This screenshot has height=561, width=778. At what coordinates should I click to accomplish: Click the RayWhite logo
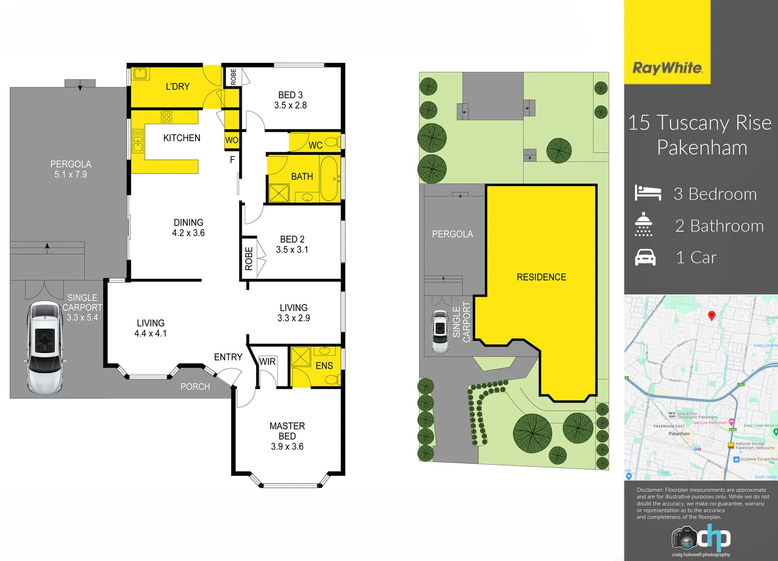[667, 68]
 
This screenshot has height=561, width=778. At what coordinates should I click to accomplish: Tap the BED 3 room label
[290, 95]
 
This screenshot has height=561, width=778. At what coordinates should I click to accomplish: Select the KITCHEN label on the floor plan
[181, 138]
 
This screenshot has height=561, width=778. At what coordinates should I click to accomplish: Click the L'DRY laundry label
[177, 87]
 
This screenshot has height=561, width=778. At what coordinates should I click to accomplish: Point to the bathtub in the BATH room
[328, 179]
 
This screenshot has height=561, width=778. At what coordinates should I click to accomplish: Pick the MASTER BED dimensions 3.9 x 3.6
[287, 447]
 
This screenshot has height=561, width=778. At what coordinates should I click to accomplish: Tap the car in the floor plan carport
[45, 348]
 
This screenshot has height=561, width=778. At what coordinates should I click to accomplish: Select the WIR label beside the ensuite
[267, 362]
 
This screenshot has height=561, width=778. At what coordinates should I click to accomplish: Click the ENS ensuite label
[324, 366]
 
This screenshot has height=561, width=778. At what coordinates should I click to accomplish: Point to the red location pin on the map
[711, 315]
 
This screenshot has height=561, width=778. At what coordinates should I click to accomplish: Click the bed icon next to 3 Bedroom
[648, 193]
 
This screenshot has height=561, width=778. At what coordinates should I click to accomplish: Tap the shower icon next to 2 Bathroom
[643, 224]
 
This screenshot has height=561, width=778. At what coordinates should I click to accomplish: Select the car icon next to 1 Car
[645, 258]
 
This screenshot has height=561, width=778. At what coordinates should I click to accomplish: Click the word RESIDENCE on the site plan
[541, 277]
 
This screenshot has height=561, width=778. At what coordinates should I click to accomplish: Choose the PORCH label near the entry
[195, 386]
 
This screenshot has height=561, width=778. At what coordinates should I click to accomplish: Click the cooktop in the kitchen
[166, 117]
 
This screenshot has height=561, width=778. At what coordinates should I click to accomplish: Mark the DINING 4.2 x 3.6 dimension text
[188, 233]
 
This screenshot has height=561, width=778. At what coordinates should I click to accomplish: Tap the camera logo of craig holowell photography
[684, 538]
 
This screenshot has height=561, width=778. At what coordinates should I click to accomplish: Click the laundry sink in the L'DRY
[139, 73]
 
